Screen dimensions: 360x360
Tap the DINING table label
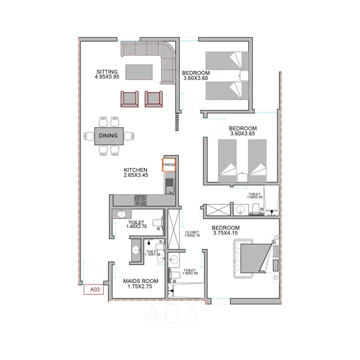tap(108, 135)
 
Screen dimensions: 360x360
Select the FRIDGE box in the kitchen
tap(168, 165)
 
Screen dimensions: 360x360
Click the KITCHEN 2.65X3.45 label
tap(135, 173)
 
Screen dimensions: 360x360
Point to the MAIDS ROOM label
tap(140, 284)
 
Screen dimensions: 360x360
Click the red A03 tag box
tap(93, 289)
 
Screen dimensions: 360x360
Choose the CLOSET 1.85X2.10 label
tap(192, 234)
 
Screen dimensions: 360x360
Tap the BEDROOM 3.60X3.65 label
tap(242, 131)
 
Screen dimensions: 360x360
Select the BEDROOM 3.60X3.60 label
tap(195, 75)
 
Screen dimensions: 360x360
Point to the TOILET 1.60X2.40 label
tap(254, 195)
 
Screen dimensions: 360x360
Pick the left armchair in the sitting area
tap(129, 98)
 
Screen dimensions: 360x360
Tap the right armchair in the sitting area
tap(153, 98)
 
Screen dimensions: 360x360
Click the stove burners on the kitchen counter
tap(140, 200)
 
